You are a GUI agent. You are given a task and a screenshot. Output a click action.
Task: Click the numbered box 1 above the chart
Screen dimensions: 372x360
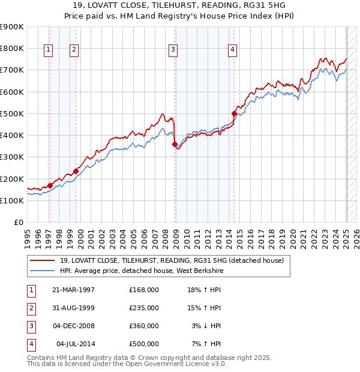pyautogui.click(x=48, y=50)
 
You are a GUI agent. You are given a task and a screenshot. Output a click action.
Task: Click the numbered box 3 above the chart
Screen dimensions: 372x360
pyautogui.click(x=173, y=50)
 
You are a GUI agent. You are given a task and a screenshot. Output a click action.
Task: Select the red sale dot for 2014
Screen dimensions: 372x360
pyautogui.click(x=235, y=113)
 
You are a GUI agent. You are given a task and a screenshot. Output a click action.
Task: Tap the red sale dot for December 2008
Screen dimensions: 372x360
pyautogui.click(x=175, y=144)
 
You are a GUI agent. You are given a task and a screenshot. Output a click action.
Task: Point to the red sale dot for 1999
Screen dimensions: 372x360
pyautogui.click(x=76, y=171)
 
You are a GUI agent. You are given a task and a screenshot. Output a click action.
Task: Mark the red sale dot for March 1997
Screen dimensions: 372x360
pyautogui.click(x=50, y=185)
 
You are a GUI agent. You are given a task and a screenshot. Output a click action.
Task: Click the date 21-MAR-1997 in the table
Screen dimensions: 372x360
pyautogui.click(x=74, y=290)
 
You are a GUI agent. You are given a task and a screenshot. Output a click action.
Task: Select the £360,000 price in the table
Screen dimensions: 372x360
pyautogui.click(x=144, y=326)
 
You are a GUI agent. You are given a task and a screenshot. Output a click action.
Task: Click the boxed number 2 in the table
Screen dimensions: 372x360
pyautogui.click(x=30, y=308)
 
